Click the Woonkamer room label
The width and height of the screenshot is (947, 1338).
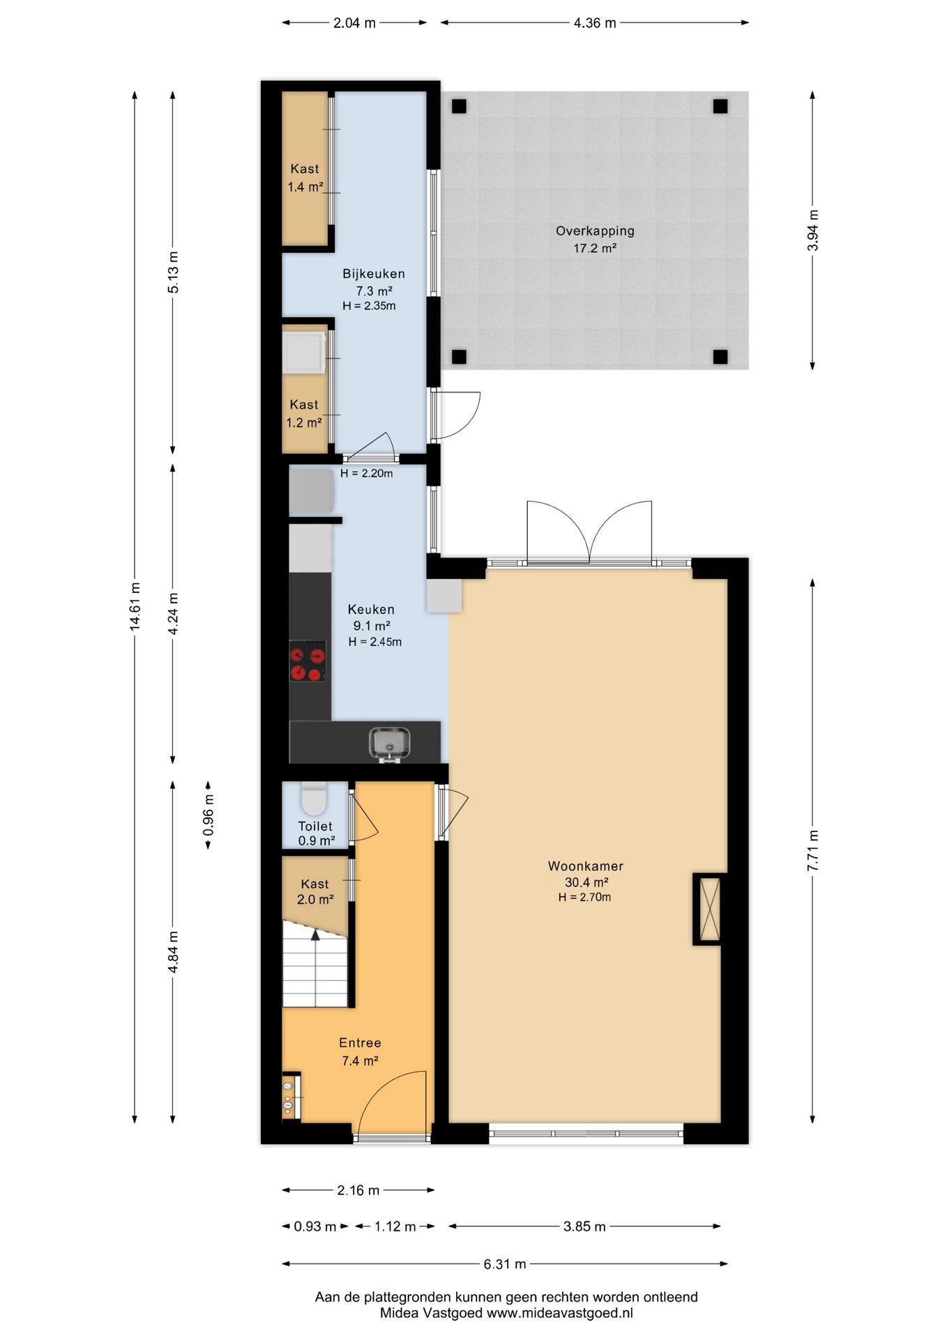coord(585,866)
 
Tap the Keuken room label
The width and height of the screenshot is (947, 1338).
coord(371,609)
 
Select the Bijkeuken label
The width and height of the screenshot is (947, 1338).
coord(373,274)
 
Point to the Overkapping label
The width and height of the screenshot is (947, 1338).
coord(595,231)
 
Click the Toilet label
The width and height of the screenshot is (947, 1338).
coord(315,826)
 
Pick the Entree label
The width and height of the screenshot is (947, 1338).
coord(360,1043)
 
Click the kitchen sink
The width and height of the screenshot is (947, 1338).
coord(390,744)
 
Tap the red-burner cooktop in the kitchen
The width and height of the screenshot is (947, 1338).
coord(308,661)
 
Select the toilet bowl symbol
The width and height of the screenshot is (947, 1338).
coord(314,799)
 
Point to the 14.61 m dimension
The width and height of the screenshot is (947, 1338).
coord(135,606)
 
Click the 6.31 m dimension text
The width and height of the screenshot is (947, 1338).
coord(505,1263)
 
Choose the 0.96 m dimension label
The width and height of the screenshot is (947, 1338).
coord(209,815)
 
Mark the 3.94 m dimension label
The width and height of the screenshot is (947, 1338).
coord(813,230)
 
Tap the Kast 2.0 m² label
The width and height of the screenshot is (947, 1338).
coord(315,891)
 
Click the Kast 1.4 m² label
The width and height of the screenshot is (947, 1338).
coord(305,178)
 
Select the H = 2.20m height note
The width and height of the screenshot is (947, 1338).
coord(367,473)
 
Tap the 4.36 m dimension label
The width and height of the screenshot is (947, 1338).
coord(595,23)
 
